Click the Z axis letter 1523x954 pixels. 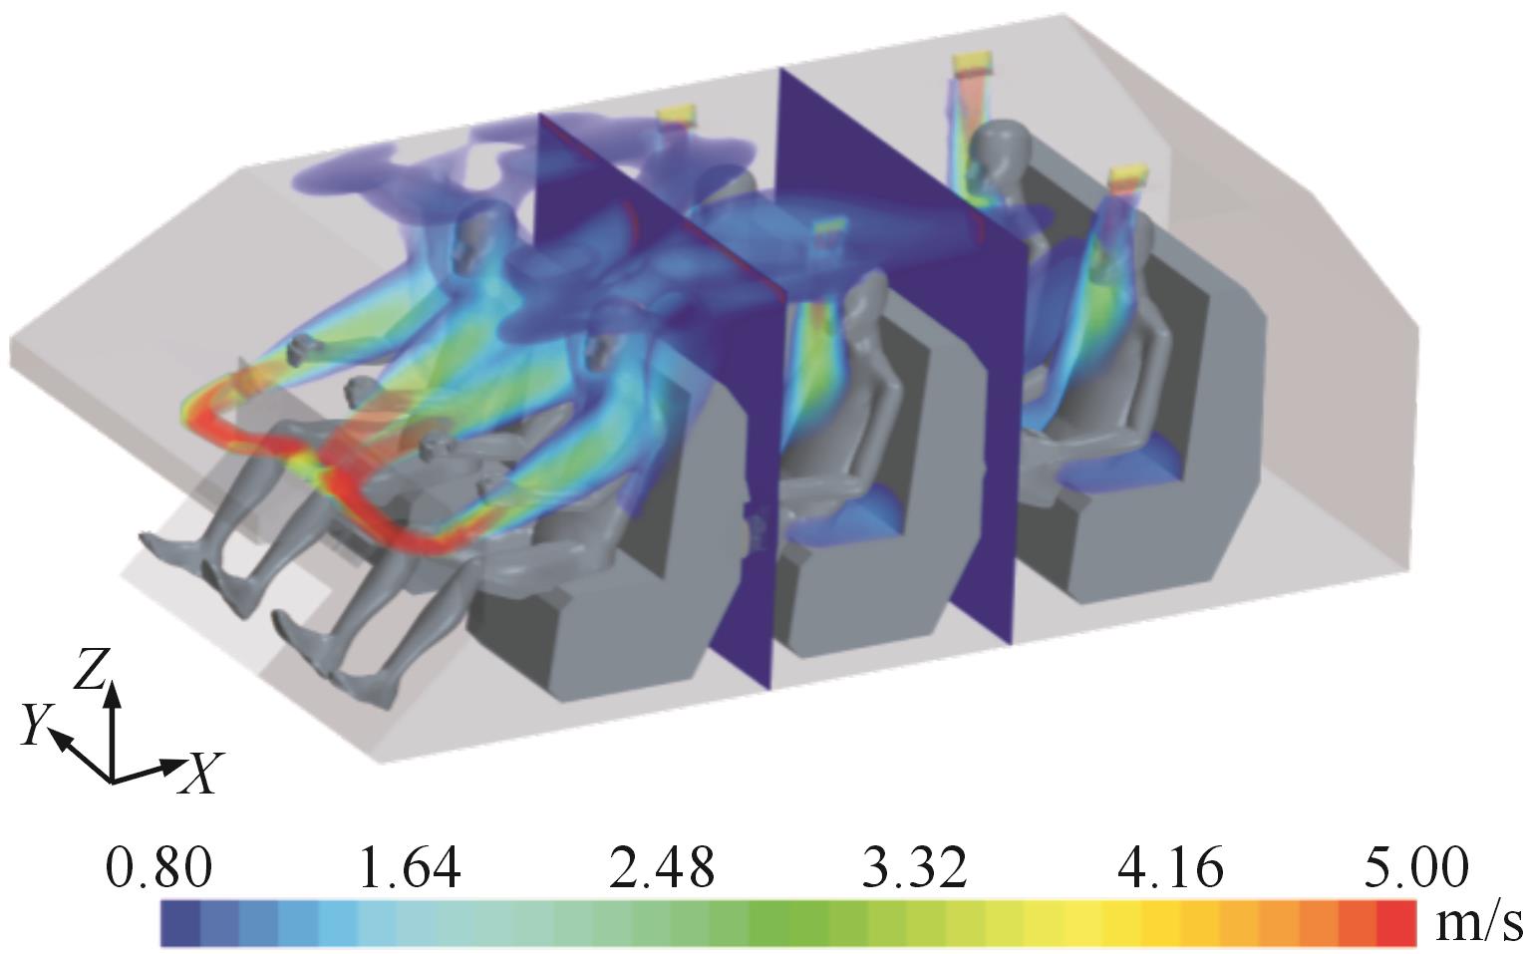coord(91,669)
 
